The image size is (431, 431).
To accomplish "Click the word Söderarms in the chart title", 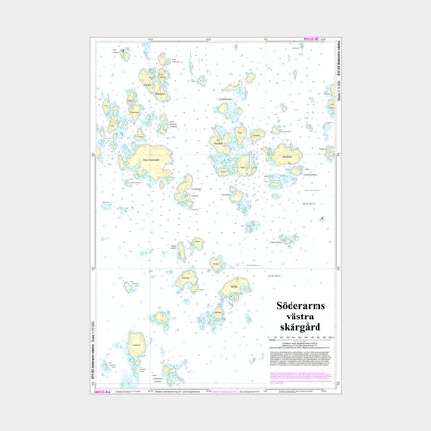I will click(301, 306).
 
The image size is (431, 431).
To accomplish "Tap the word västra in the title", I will click(301, 316).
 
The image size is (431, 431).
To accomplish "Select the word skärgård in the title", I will click(301, 326).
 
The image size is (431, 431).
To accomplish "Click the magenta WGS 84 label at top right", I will click(311, 39).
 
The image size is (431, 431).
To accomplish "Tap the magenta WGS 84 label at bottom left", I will click(101, 392).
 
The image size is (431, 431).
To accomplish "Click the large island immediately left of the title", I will click(234, 290).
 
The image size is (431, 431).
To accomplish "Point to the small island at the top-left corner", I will click(123, 54).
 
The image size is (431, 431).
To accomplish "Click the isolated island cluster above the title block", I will click(286, 238).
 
